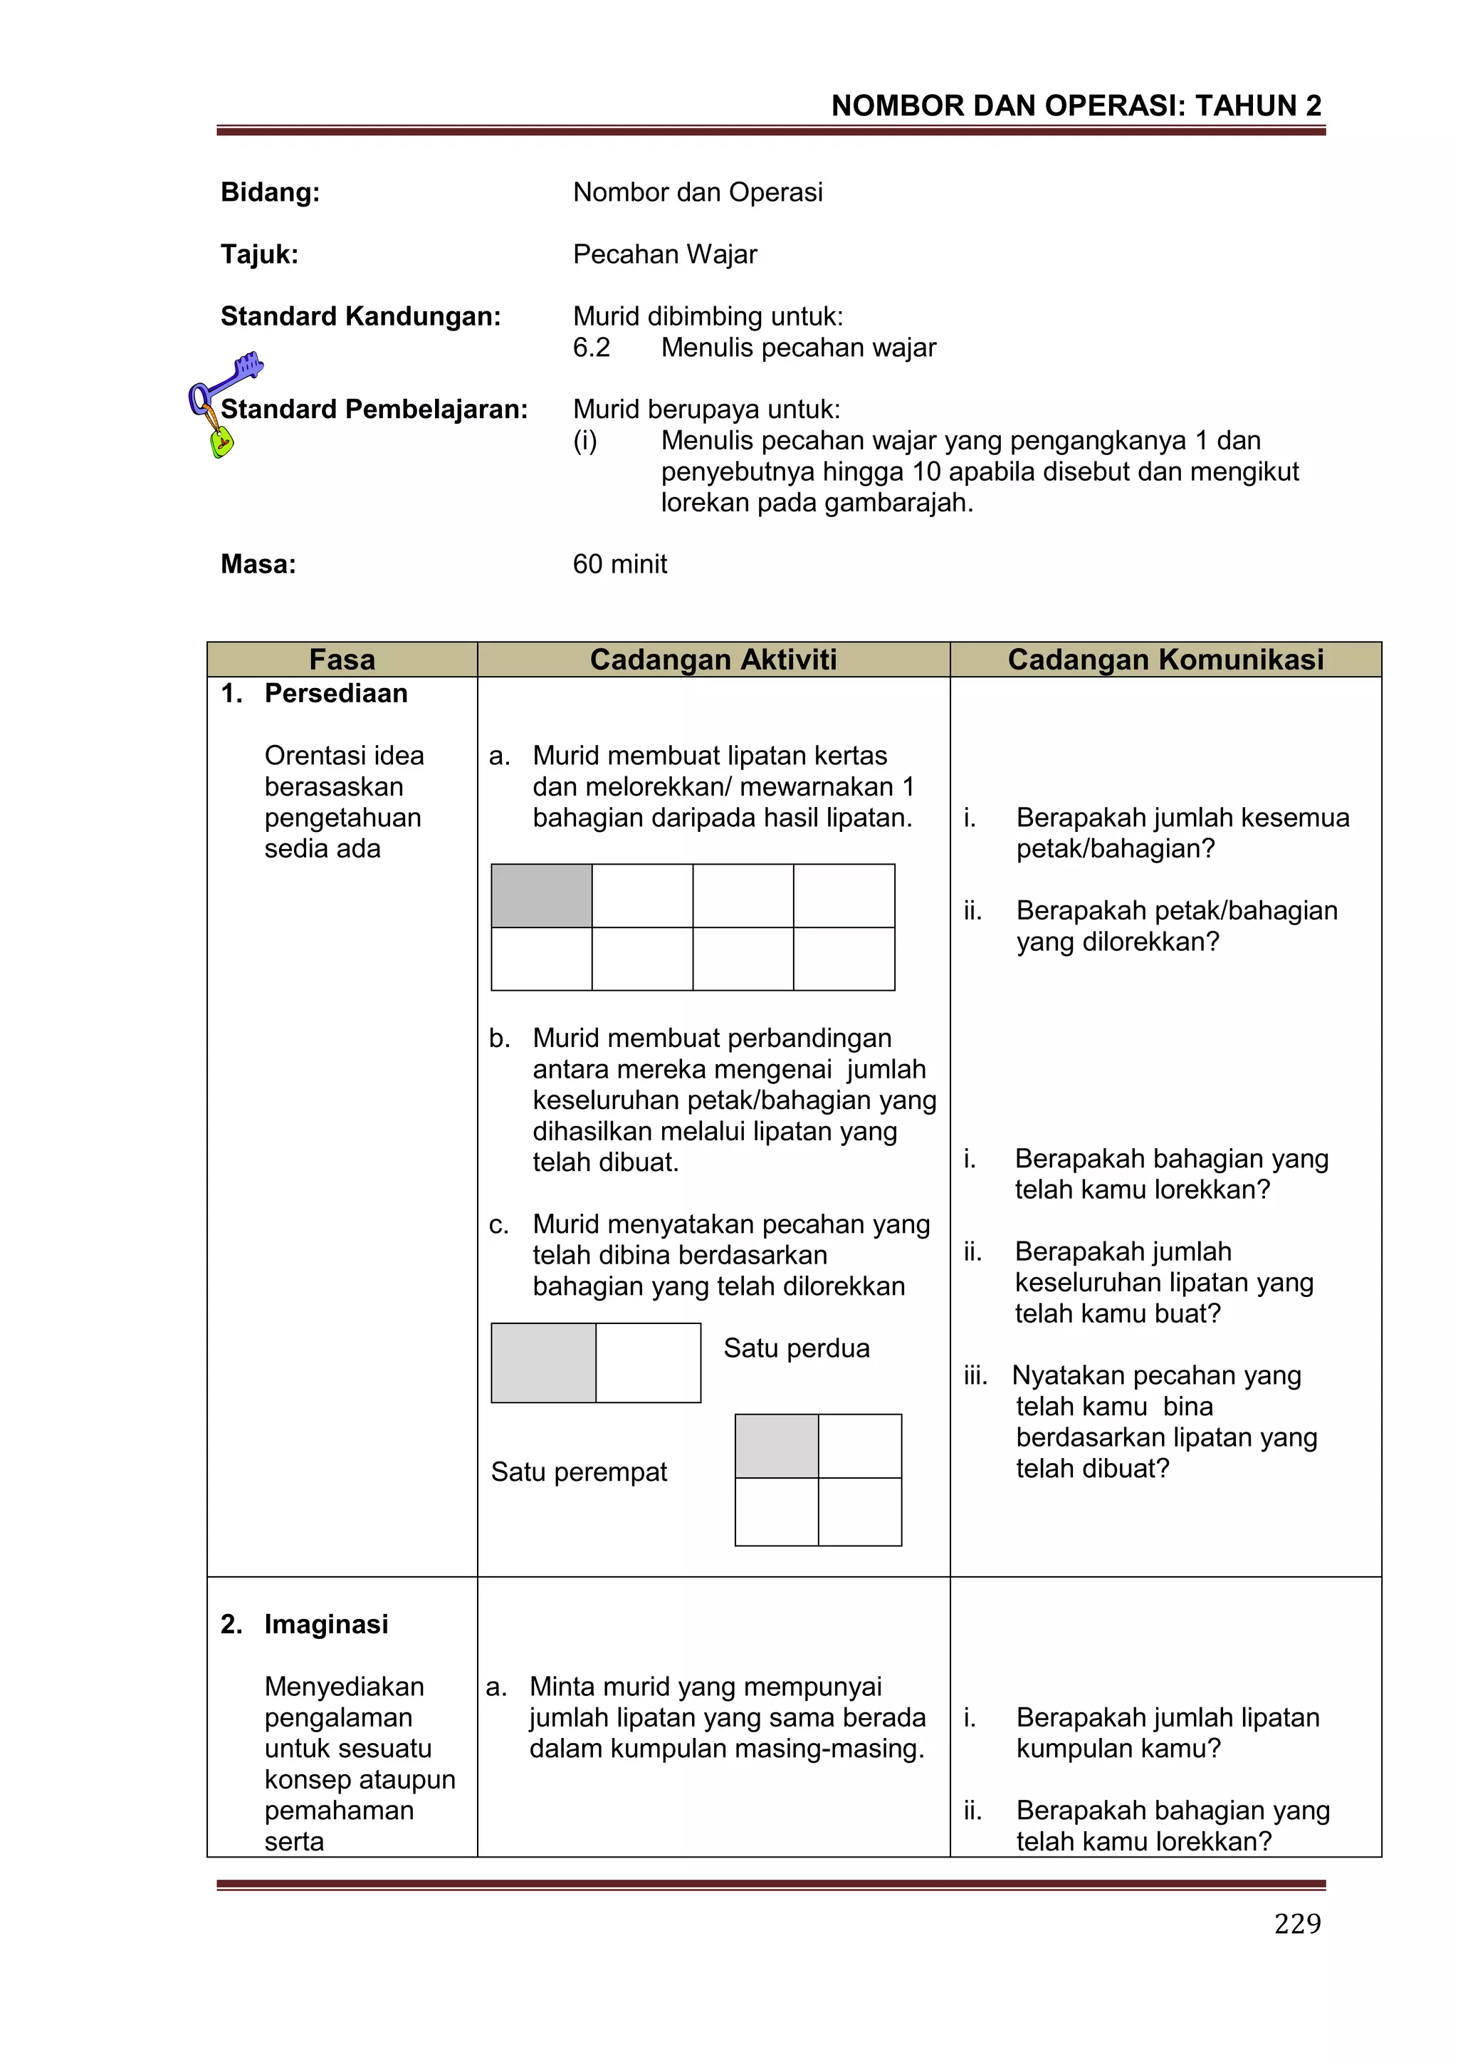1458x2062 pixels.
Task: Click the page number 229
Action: [x=1296, y=1923]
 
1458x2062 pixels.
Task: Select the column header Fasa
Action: [x=341, y=659]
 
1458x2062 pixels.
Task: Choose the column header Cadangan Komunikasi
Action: [x=1165, y=659]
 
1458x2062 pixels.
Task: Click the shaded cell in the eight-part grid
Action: [x=541, y=895]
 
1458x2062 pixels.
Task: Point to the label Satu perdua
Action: [x=797, y=1348]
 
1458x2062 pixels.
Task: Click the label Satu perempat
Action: [x=578, y=1472]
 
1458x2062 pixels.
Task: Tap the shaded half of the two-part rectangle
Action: [x=543, y=1363]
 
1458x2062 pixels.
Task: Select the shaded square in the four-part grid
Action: [x=776, y=1446]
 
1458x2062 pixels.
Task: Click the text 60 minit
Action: [x=619, y=564]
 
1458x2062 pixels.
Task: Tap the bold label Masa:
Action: [x=258, y=564]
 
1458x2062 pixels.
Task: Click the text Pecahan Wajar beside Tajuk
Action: [x=664, y=254]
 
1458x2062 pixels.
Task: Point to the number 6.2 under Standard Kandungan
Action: [x=591, y=348]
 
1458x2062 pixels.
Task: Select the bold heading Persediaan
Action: [x=336, y=693]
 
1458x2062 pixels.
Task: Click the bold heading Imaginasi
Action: [x=326, y=1624]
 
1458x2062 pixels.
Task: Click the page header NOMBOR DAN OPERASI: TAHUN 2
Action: [x=1076, y=106]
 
